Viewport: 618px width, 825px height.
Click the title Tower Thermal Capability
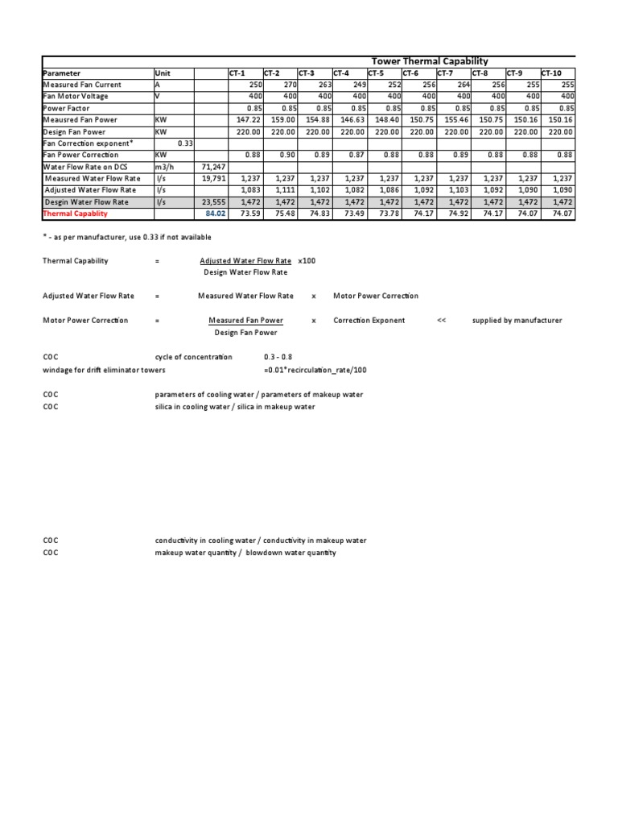(429, 61)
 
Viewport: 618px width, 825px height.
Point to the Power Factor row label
(66, 108)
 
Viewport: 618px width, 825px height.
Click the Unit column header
(163, 73)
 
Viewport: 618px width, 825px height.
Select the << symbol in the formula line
(441, 320)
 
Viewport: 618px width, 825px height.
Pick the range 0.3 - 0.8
(278, 356)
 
